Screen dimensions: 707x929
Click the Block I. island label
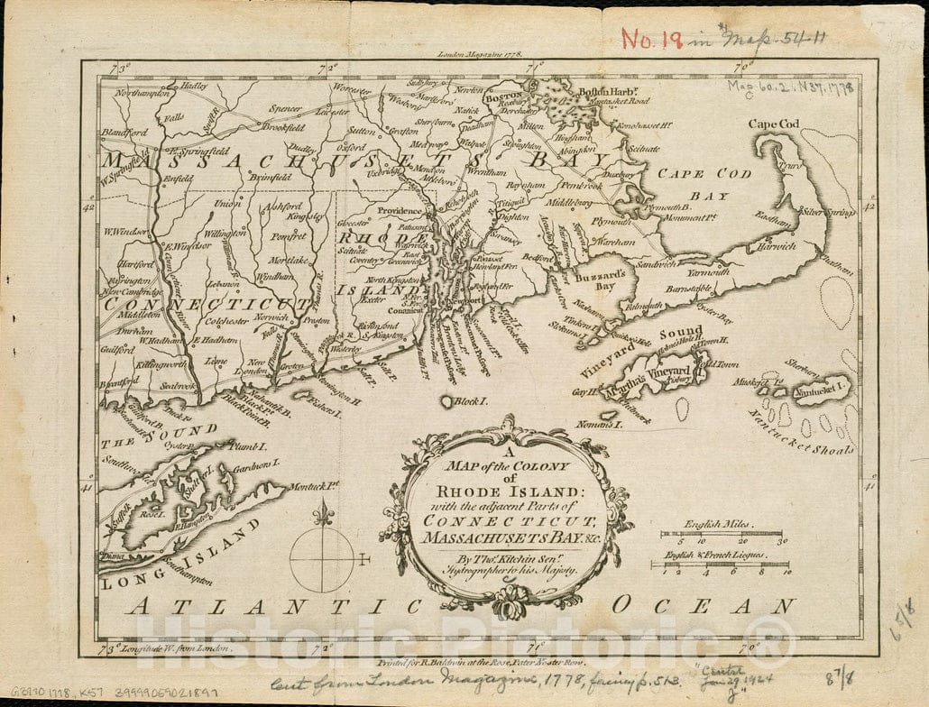pos(468,400)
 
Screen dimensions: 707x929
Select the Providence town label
pos(400,211)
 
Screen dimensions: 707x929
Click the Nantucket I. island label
pos(822,391)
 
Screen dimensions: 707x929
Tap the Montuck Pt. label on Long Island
pos(313,486)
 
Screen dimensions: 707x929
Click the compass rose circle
pos(321,559)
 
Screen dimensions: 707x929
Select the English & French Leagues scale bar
pos(720,565)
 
